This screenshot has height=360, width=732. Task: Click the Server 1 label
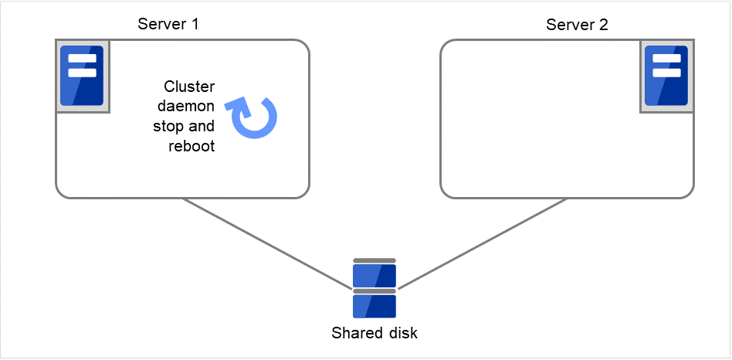click(168, 24)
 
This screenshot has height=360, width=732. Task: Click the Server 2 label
click(577, 24)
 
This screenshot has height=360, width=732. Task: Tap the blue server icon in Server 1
click(82, 76)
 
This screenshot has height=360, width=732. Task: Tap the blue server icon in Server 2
click(666, 76)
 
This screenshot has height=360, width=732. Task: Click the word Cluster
click(190, 86)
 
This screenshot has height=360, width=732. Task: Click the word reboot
click(191, 146)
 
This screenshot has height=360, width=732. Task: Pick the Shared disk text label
click(374, 334)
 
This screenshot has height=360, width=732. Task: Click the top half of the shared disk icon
click(374, 275)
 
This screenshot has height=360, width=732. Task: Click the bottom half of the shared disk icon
click(374, 306)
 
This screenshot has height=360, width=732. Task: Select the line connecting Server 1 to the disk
click(266, 243)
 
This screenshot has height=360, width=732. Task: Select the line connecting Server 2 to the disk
click(483, 243)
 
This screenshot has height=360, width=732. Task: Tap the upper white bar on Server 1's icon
click(82, 59)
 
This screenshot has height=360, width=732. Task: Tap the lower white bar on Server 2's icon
click(666, 73)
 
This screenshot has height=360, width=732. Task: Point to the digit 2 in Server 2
click(604, 24)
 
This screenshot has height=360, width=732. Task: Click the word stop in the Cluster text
click(170, 126)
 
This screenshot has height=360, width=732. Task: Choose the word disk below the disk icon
click(402, 334)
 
